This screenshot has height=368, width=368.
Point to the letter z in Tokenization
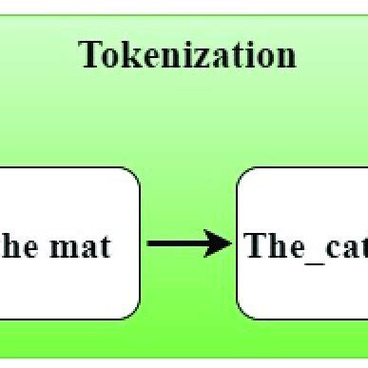[191, 56]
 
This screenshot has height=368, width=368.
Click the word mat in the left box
[80, 245]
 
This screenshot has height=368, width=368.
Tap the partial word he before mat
[20, 245]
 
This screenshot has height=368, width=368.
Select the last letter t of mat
[104, 246]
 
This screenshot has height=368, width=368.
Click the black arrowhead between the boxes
[223, 244]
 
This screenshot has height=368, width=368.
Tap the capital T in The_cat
[256, 244]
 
